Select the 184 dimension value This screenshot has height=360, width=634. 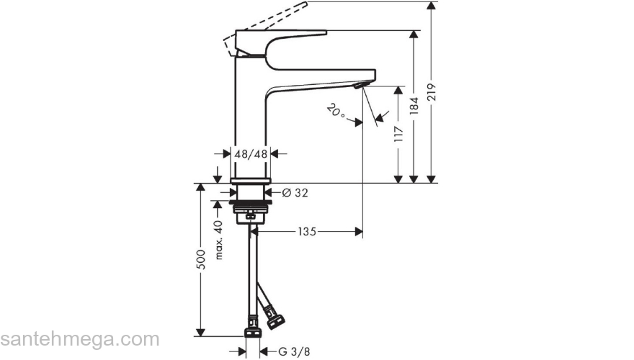click(414, 107)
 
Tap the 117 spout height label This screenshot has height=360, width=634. click(397, 135)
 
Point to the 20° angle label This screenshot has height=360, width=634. click(335, 112)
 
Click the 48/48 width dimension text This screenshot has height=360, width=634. click(251, 153)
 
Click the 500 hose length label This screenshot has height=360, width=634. click(202, 258)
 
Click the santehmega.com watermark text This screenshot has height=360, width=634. click(79, 339)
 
